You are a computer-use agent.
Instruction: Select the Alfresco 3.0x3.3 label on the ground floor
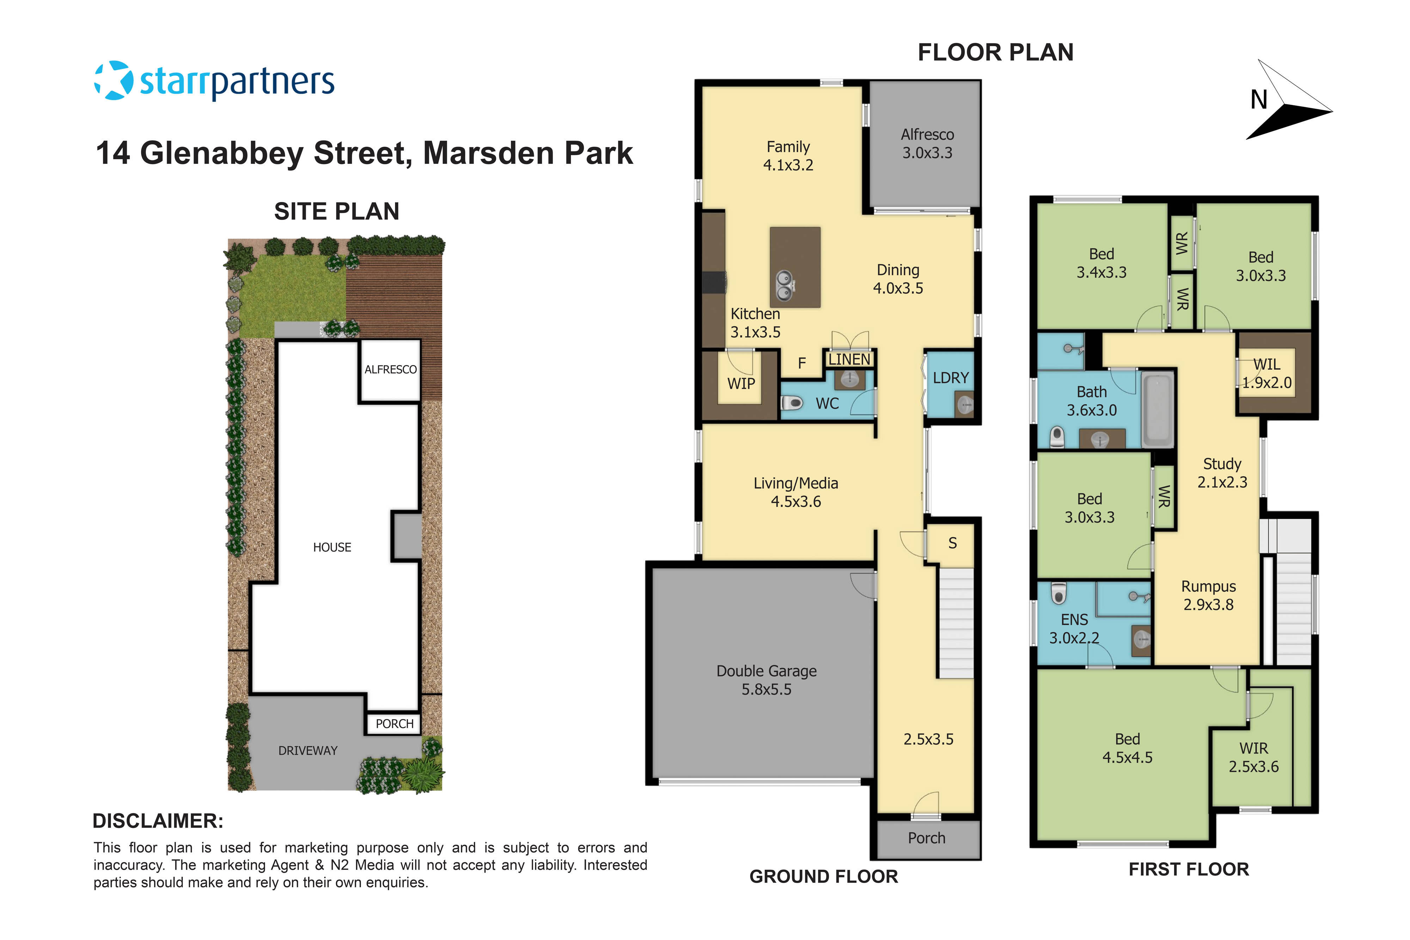pos(927,144)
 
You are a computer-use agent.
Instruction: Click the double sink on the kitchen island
pos(784,285)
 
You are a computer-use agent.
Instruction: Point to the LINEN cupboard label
pos(849,359)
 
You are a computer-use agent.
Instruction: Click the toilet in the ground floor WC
pos(791,403)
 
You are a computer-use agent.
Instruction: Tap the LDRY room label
pos(950,378)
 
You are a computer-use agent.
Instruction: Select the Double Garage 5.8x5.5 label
pos(766,680)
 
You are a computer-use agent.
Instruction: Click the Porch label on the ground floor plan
pos(926,838)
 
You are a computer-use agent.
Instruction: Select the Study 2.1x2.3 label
pos(1222,472)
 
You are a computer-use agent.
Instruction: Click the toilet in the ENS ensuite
pos(1059,594)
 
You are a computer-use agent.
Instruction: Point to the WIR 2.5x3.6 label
pos(1253,757)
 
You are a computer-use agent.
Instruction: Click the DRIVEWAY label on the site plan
pos(307,751)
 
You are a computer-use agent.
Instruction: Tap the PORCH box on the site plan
pos(394,724)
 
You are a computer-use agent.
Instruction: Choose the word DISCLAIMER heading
pos(158,821)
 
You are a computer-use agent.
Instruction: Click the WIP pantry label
pos(741,384)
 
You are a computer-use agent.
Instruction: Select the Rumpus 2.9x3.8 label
pos(1208,595)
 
